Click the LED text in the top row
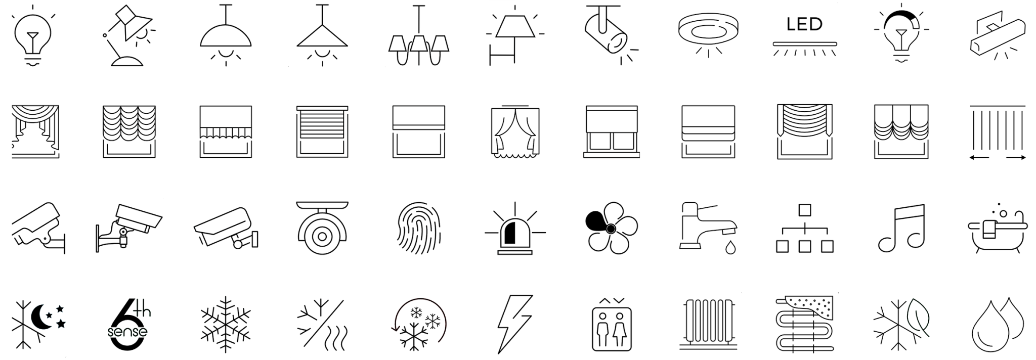point(804,24)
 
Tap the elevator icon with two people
point(612,327)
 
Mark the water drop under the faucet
point(730,248)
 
